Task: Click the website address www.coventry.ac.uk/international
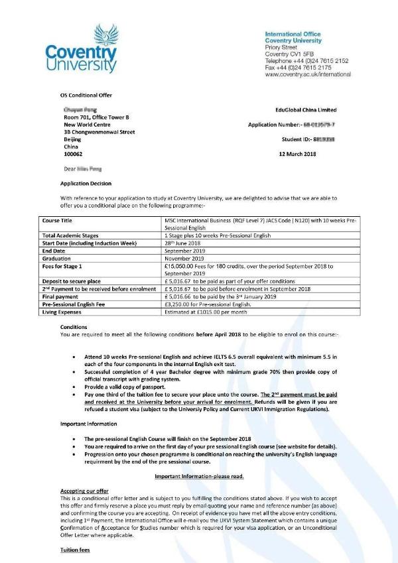[x=307, y=75]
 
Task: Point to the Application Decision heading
[x=86, y=183]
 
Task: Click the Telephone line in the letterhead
[x=306, y=60]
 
